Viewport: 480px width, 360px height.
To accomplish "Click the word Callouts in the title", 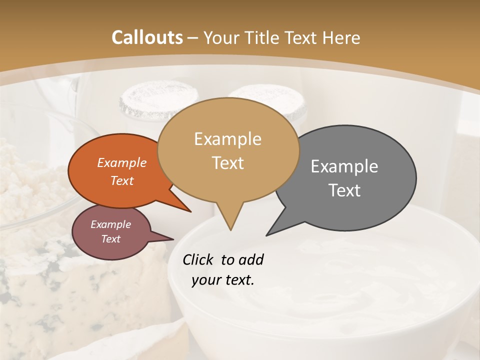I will coord(147,37).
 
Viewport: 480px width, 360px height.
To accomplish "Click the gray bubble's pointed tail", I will coord(268,234).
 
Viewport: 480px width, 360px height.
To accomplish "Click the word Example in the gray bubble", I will coord(344,166).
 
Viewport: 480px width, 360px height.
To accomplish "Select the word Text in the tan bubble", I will coord(228,163).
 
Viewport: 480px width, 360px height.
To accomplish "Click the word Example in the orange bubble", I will coord(121,162).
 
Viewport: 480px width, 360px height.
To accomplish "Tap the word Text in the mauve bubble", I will coord(110,239).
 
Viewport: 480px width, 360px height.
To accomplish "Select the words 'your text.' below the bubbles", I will coord(223,280).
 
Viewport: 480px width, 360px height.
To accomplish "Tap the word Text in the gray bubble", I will coord(344,190).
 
